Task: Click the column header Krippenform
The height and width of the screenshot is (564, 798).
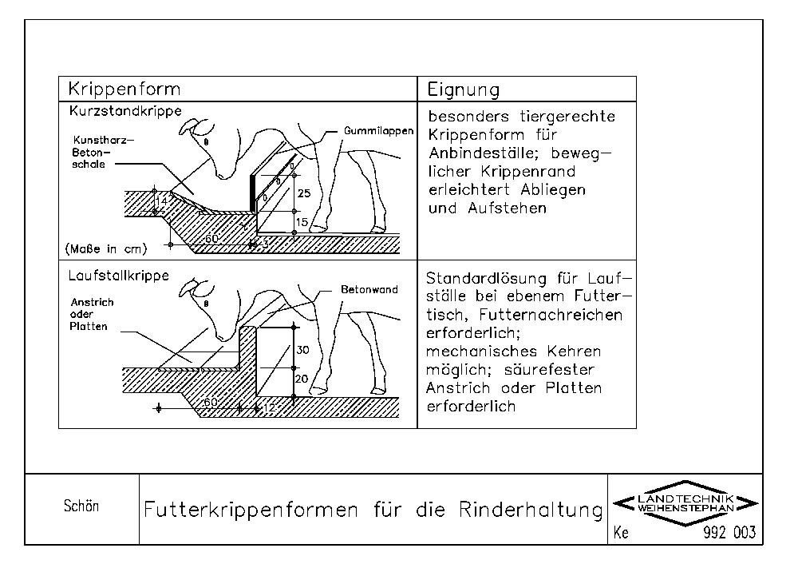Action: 124,89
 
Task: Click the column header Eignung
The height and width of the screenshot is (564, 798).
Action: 464,89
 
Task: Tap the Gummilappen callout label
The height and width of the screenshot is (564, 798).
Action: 379,130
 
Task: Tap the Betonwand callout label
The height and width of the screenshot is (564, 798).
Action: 369,290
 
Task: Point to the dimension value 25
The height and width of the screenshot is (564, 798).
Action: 303,194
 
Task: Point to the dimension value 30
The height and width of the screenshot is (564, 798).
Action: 302,350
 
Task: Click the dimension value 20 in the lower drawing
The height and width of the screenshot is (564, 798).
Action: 302,378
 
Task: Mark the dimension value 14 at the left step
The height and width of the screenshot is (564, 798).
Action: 162,202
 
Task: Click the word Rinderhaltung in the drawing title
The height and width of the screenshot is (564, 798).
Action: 531,510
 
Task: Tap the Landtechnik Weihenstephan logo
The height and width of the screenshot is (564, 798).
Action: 686,503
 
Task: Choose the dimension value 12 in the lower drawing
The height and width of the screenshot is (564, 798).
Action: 267,408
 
